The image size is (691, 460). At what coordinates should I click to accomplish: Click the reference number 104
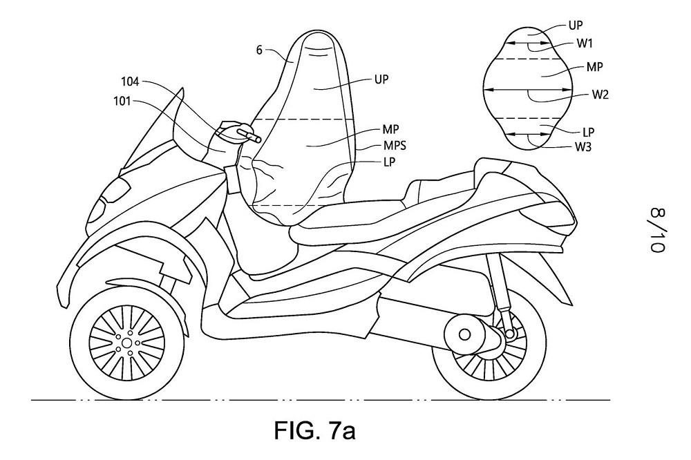pyautogui.click(x=131, y=82)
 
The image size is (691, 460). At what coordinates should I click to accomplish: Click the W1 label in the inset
pyautogui.click(x=585, y=43)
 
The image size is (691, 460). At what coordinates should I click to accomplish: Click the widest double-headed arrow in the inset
pyautogui.click(x=529, y=89)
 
